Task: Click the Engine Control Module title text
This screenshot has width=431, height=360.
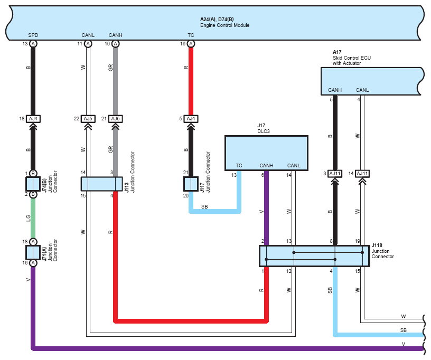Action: [x=224, y=22]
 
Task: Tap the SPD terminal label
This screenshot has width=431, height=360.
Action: [x=33, y=35]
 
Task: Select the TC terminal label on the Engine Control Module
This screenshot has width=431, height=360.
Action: [x=191, y=35]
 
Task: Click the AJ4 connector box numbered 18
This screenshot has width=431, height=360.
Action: [x=33, y=119]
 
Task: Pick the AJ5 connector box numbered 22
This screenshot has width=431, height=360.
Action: [x=88, y=119]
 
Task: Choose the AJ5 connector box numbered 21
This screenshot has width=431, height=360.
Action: [x=116, y=119]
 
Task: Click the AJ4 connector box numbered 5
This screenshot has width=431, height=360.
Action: [x=191, y=119]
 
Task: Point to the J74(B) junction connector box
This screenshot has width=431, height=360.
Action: [x=33, y=184]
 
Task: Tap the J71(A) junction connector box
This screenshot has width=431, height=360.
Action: [x=33, y=252]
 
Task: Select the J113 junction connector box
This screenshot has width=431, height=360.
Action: [x=102, y=184]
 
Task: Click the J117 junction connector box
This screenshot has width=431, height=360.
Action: [x=191, y=184]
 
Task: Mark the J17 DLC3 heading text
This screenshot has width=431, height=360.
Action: [x=264, y=128]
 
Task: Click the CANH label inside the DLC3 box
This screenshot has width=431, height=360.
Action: [x=266, y=166]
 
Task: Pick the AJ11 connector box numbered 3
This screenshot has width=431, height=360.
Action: [x=335, y=174]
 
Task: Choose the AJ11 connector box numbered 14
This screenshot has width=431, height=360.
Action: [x=362, y=174]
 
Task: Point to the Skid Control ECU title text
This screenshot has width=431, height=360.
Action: [x=352, y=58]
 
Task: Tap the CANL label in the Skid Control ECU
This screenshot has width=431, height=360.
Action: [x=362, y=90]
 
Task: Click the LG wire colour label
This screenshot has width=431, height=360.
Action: [x=28, y=219]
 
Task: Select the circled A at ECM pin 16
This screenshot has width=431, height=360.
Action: [x=191, y=44]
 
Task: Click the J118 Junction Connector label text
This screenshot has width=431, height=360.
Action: [x=382, y=251]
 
